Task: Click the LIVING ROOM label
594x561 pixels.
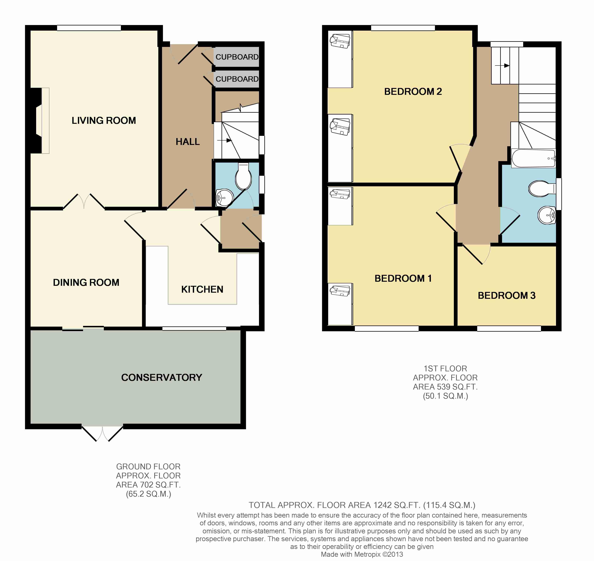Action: tap(104, 120)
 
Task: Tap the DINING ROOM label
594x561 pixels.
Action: tap(86, 283)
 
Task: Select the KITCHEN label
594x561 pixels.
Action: tap(202, 290)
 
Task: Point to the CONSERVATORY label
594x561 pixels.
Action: tap(162, 378)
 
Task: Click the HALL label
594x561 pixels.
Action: tap(188, 142)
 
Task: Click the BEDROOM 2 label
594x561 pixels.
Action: tap(413, 91)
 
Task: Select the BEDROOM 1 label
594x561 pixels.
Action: tap(403, 278)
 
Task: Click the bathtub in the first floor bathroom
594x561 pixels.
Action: tap(534, 158)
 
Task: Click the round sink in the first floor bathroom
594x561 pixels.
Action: tap(547, 215)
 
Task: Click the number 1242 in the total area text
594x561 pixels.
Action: tap(382, 505)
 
